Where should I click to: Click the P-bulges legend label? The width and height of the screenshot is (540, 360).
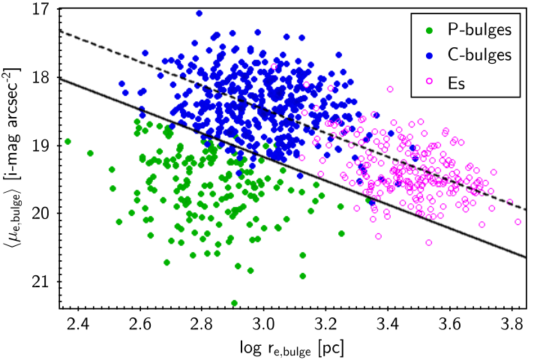479,30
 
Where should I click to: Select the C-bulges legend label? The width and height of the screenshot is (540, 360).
479,55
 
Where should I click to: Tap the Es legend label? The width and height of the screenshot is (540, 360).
456,83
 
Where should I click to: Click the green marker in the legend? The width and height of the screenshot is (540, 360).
429,30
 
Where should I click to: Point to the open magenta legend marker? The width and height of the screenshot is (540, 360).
429,81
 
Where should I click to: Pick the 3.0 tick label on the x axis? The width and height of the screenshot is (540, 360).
263,324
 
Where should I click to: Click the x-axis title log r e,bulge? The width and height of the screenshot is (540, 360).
292,349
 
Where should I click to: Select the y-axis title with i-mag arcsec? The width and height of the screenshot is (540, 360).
13,158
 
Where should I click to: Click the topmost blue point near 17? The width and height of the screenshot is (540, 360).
199,13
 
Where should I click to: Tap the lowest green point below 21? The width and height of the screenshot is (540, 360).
235,303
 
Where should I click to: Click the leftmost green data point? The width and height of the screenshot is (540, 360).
67,142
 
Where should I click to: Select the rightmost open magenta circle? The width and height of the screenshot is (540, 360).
517,222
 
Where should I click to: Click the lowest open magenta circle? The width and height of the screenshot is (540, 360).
429,242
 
